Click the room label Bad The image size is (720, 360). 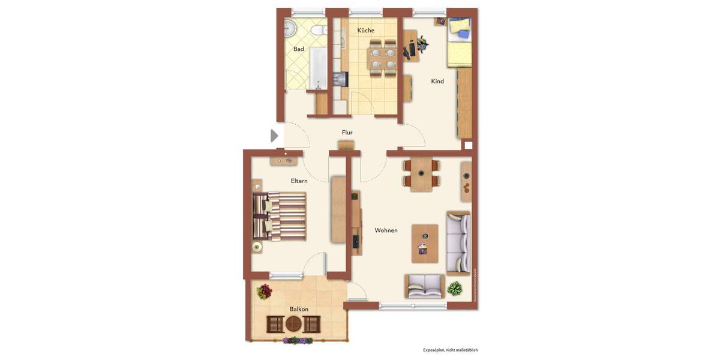point(298,49)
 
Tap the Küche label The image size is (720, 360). point(365,31)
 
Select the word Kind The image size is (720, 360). point(437,81)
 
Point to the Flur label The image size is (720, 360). point(347,133)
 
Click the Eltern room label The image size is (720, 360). point(299,181)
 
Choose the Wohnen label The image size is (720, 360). point(386,230)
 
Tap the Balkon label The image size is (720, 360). point(299,309)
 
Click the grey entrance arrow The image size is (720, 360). point(274,136)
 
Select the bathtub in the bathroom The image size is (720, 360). point(317,67)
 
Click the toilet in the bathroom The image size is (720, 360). point(321,29)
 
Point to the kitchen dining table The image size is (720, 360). point(382,58)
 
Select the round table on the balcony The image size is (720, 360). point(293,324)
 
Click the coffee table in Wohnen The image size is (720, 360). point(425,243)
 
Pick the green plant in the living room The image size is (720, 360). point(455,289)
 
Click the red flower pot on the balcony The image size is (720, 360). point(264,292)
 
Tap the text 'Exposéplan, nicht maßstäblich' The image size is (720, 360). point(450,350)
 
